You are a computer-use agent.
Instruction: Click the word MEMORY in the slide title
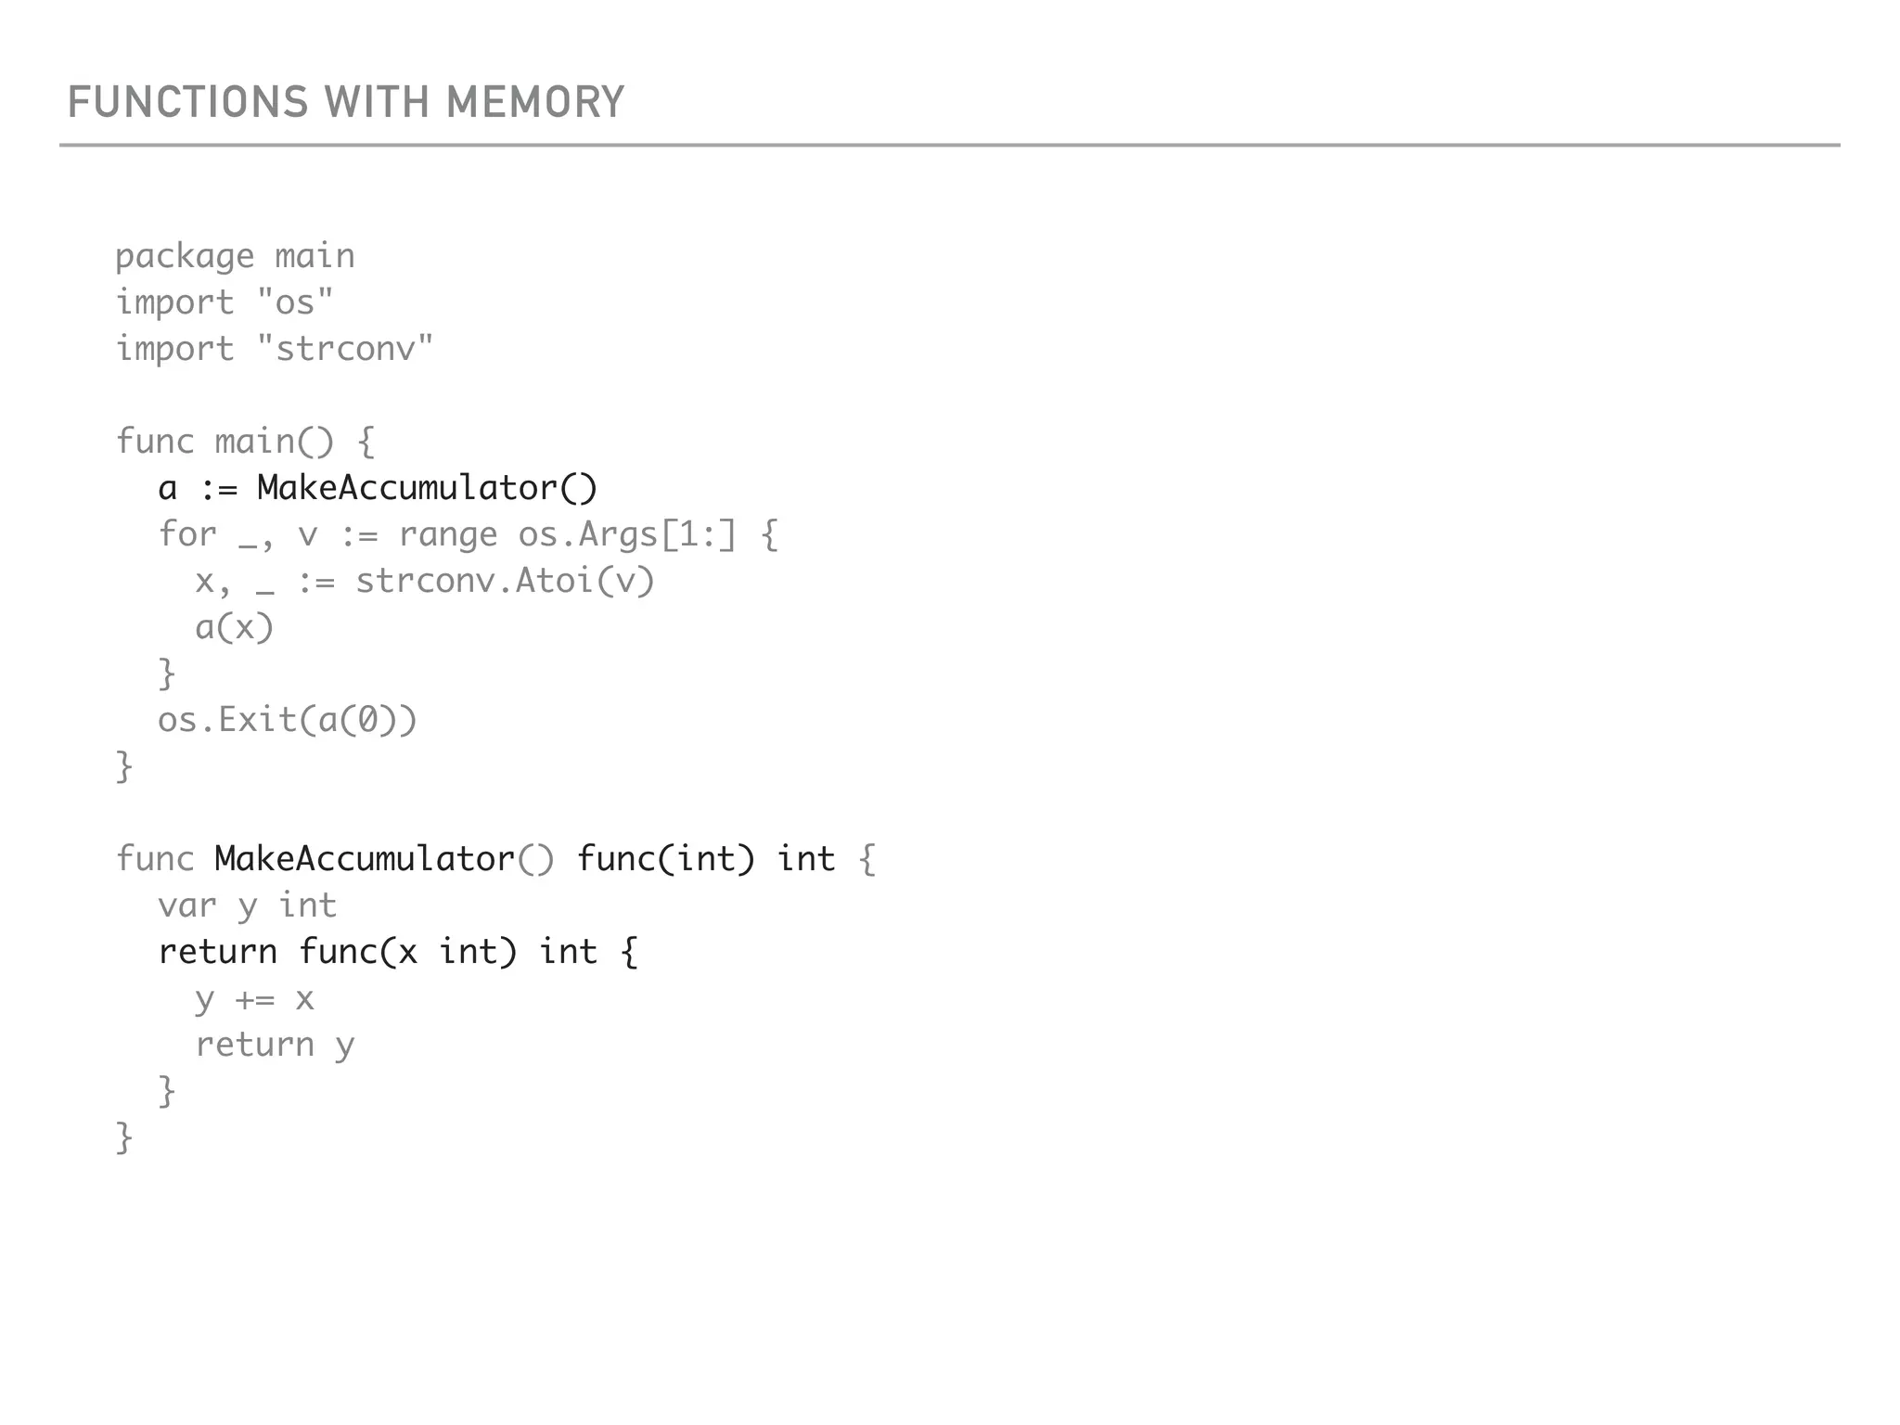pos(535,102)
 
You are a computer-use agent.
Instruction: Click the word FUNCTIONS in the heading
pos(187,102)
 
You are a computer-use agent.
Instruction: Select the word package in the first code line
pos(185,257)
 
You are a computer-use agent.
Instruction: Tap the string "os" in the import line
pos(295,302)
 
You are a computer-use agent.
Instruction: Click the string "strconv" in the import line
pos(345,349)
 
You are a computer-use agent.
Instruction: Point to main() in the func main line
pos(274,442)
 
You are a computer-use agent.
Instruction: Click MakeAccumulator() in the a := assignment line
pos(427,488)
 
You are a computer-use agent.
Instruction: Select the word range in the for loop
pos(448,534)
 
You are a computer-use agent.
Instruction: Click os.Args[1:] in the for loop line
pos(627,534)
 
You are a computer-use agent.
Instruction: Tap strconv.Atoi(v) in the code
pos(506,581)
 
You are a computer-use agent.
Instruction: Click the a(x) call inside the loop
pos(235,628)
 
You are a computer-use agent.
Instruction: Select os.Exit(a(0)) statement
pos(288,721)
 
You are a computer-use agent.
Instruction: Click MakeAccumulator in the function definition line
pos(365,859)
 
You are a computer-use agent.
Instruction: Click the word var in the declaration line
pos(186,905)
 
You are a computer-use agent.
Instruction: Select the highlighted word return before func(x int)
pos(218,952)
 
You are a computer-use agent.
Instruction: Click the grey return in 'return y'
pos(255,1046)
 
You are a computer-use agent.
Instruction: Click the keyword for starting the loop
pos(186,534)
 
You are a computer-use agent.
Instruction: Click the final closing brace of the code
pos(124,1137)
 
